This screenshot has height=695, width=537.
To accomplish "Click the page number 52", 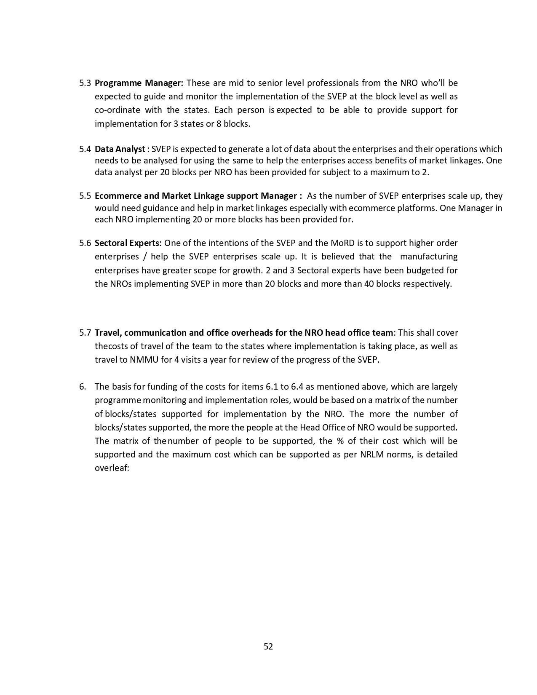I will coord(268,647).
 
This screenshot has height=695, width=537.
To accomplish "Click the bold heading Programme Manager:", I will coord(139,83).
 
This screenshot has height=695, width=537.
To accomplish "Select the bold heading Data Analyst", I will coord(120,149).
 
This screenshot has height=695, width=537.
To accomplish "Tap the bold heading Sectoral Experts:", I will coord(128,243).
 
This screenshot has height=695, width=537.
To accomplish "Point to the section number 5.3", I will coord(85,83).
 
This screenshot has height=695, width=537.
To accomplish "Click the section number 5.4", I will coord(85,149).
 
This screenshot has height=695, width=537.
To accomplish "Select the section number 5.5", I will coord(85,196).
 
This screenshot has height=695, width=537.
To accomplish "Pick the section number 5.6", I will coord(85,243).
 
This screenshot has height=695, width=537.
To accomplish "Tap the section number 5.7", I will coord(85,333).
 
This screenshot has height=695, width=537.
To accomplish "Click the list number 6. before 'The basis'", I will coord(83,387).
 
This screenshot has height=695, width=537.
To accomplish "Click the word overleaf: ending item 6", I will coord(112,468).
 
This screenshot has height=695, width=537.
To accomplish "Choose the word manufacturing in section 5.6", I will coord(429,257).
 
